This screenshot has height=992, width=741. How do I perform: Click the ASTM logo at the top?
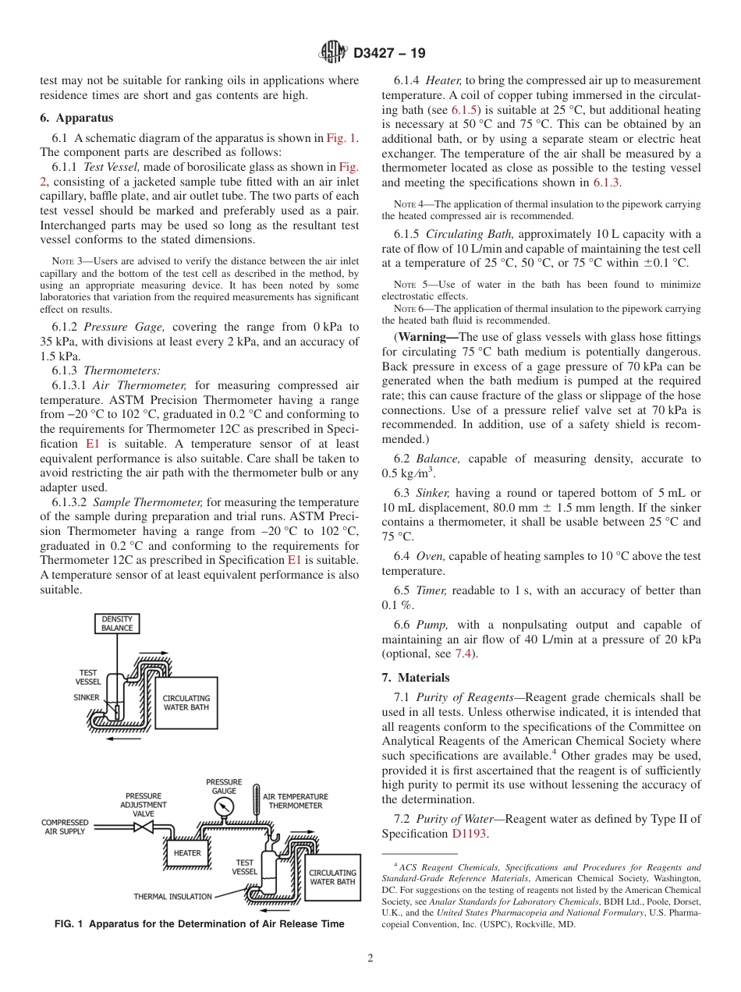(x=333, y=54)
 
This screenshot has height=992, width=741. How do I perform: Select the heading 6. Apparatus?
(x=76, y=118)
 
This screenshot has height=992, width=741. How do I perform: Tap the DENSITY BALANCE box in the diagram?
(x=117, y=623)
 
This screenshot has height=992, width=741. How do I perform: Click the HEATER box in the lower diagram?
(x=187, y=852)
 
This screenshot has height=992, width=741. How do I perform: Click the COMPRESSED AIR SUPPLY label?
(x=65, y=827)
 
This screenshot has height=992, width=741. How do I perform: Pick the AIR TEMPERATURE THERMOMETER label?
(x=296, y=801)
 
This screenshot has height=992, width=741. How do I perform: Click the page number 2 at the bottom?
(x=370, y=958)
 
